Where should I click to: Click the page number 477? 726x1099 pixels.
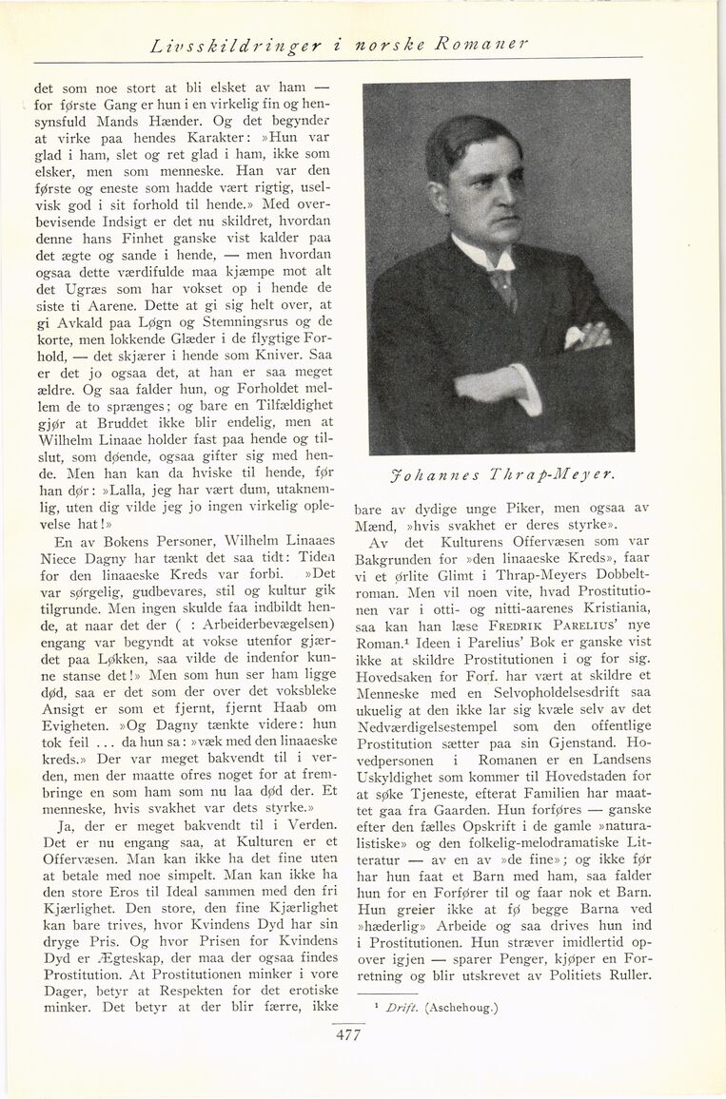[x=348, y=1036]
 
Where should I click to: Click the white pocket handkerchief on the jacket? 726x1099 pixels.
[x=572, y=336]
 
